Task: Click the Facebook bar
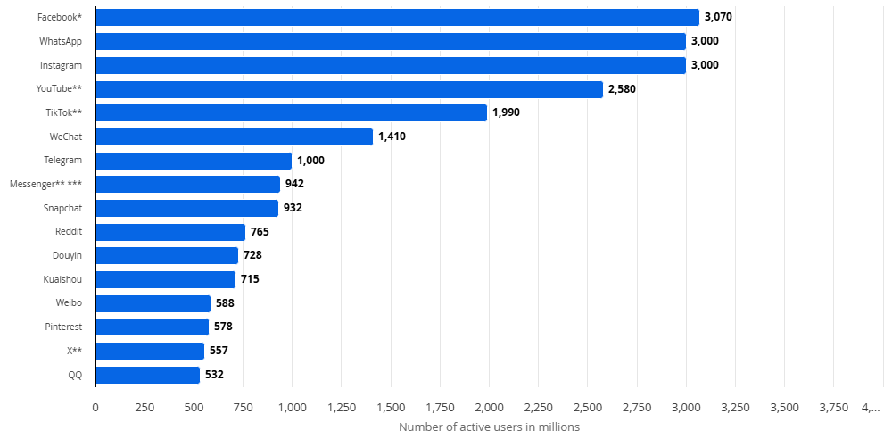pyautogui.click(x=398, y=17)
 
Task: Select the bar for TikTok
pyautogui.click(x=292, y=112)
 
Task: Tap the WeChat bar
pyautogui.click(x=235, y=137)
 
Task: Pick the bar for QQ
pyautogui.click(x=148, y=376)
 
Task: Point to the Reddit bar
pyautogui.click(x=170, y=232)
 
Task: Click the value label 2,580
pyautogui.click(x=622, y=89)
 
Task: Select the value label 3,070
pyautogui.click(x=718, y=17)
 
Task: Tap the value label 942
pyautogui.click(x=294, y=185)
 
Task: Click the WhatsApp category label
pyautogui.click(x=61, y=42)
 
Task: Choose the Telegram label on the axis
pyautogui.click(x=62, y=161)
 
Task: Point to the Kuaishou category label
pyautogui.click(x=62, y=279)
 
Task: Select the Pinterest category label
pyautogui.click(x=63, y=327)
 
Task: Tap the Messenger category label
pyautogui.click(x=46, y=185)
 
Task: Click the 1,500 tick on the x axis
pyautogui.click(x=391, y=408)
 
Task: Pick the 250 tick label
pyautogui.click(x=145, y=408)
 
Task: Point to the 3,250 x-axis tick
pyautogui.click(x=735, y=408)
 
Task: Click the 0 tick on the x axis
pyautogui.click(x=95, y=408)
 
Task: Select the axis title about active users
pyautogui.click(x=489, y=427)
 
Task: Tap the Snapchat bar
pyautogui.click(x=187, y=209)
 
